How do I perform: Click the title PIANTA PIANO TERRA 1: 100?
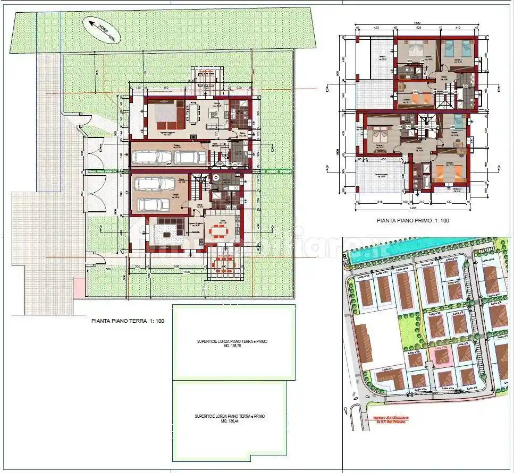pos(120,321)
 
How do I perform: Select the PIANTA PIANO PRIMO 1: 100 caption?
pos(412,219)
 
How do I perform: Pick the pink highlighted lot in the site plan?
pos(440,355)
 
